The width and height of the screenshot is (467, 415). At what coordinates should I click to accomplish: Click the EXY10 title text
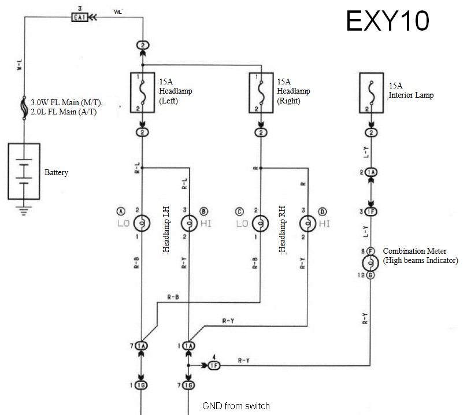click(388, 21)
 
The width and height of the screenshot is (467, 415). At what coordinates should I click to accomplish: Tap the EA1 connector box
click(80, 18)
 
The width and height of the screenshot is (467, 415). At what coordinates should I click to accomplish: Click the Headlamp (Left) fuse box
click(142, 92)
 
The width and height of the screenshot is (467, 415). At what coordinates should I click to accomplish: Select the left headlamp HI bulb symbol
click(188, 223)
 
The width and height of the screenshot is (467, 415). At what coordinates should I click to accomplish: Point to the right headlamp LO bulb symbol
click(260, 223)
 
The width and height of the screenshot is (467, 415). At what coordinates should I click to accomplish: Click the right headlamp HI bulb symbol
click(306, 223)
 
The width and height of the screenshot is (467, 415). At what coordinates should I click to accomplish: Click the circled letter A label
click(120, 210)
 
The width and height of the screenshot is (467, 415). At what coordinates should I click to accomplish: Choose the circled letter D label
click(322, 210)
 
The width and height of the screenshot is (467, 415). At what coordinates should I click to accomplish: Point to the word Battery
click(56, 173)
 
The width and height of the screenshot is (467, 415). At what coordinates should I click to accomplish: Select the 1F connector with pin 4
click(214, 365)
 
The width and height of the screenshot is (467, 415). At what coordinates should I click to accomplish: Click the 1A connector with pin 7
click(141, 345)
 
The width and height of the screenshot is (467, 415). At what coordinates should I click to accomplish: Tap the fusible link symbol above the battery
click(24, 109)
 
